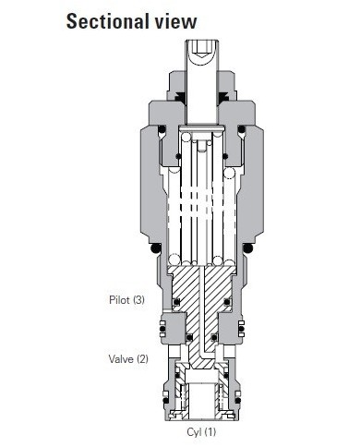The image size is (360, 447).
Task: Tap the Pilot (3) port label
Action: (x=126, y=299)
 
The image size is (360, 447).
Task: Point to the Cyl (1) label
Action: (x=198, y=430)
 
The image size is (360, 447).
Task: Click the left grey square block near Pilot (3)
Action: (x=168, y=327)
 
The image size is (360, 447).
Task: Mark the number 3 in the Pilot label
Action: (x=138, y=299)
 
